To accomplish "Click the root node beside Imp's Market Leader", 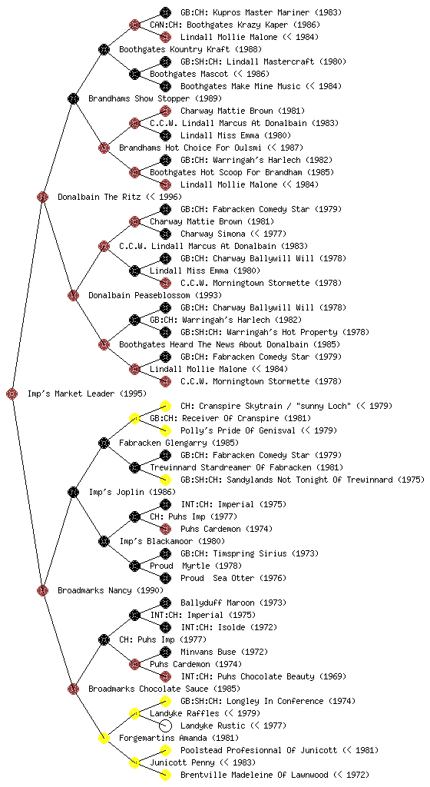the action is pos(12,393).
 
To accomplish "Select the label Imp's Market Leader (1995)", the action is pos(88,393).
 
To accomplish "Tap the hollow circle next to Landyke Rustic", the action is pos(165,726).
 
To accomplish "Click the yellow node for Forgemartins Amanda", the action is pos(104,738).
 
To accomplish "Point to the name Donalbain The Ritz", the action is pos(92,197).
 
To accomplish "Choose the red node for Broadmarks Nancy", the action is pos(42,590).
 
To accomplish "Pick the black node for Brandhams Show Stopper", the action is pos(73,98).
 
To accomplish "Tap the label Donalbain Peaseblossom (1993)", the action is pos(155,295).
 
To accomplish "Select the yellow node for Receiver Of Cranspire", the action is pos(134,418).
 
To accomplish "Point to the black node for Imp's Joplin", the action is pos(73,492).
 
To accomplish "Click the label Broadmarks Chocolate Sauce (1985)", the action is pos(164,689).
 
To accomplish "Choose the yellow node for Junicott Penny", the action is pos(134,762).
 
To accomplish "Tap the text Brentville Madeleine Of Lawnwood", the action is pos(255,775).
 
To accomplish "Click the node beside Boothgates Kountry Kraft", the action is pos(104,49).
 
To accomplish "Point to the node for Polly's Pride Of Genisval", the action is pos(165,430).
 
